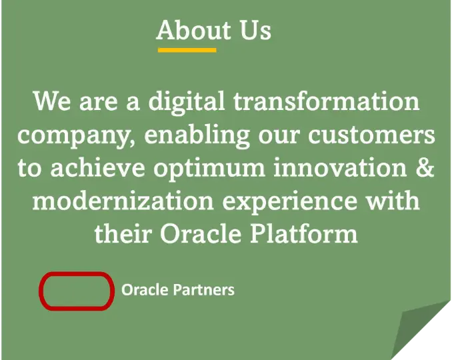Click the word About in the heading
pos(193,30)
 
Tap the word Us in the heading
pos(255,30)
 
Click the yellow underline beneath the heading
pos(187,50)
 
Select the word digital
pos(187,101)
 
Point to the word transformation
pos(327,101)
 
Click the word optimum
pos(209,169)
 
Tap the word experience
pos(290,203)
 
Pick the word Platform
pos(304,234)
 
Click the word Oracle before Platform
pos(201,234)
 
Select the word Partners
pos(204,290)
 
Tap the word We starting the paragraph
pos(52,101)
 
